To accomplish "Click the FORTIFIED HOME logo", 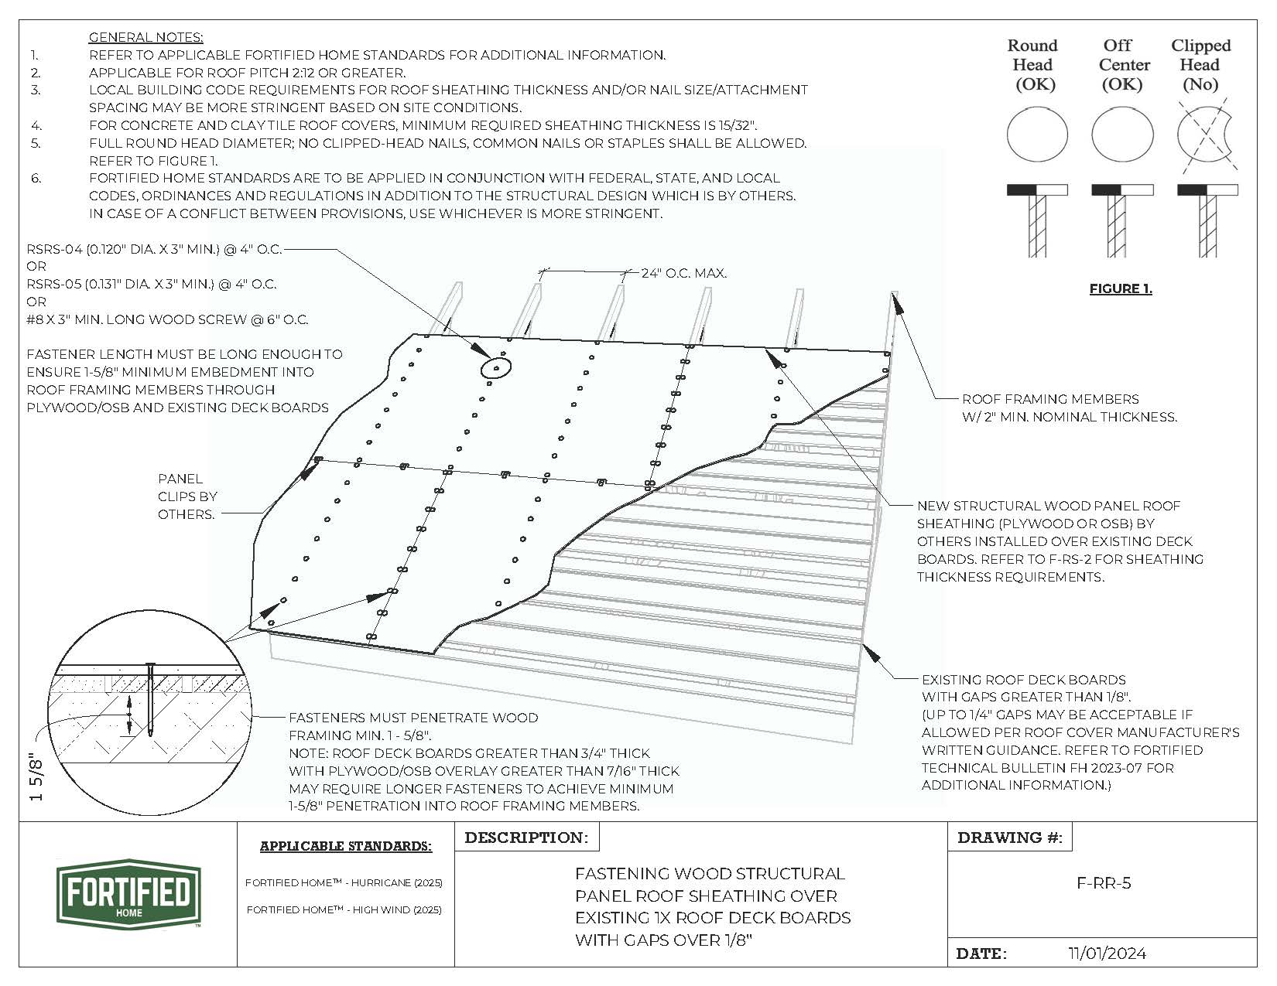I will click(x=128, y=894).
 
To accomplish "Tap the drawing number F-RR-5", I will click(x=1104, y=883).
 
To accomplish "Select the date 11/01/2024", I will click(x=1107, y=954).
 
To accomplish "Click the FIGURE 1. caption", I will click(x=1121, y=289).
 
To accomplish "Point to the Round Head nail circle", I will click(x=1037, y=135).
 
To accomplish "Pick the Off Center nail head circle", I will click(x=1122, y=135).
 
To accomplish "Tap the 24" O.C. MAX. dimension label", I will click(x=684, y=273).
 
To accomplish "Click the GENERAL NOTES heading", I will click(x=146, y=37).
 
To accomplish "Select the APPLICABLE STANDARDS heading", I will click(x=345, y=846).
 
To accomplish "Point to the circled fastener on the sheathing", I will click(x=495, y=368).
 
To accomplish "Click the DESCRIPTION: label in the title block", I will click(x=526, y=838).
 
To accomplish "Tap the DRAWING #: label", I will click(x=1009, y=838).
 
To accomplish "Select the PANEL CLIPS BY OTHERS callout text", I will click(x=187, y=496).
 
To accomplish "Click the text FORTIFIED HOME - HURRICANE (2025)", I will click(x=344, y=882).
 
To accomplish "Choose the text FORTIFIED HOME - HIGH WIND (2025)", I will click(x=344, y=909).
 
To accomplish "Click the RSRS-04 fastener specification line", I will click(x=154, y=249).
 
